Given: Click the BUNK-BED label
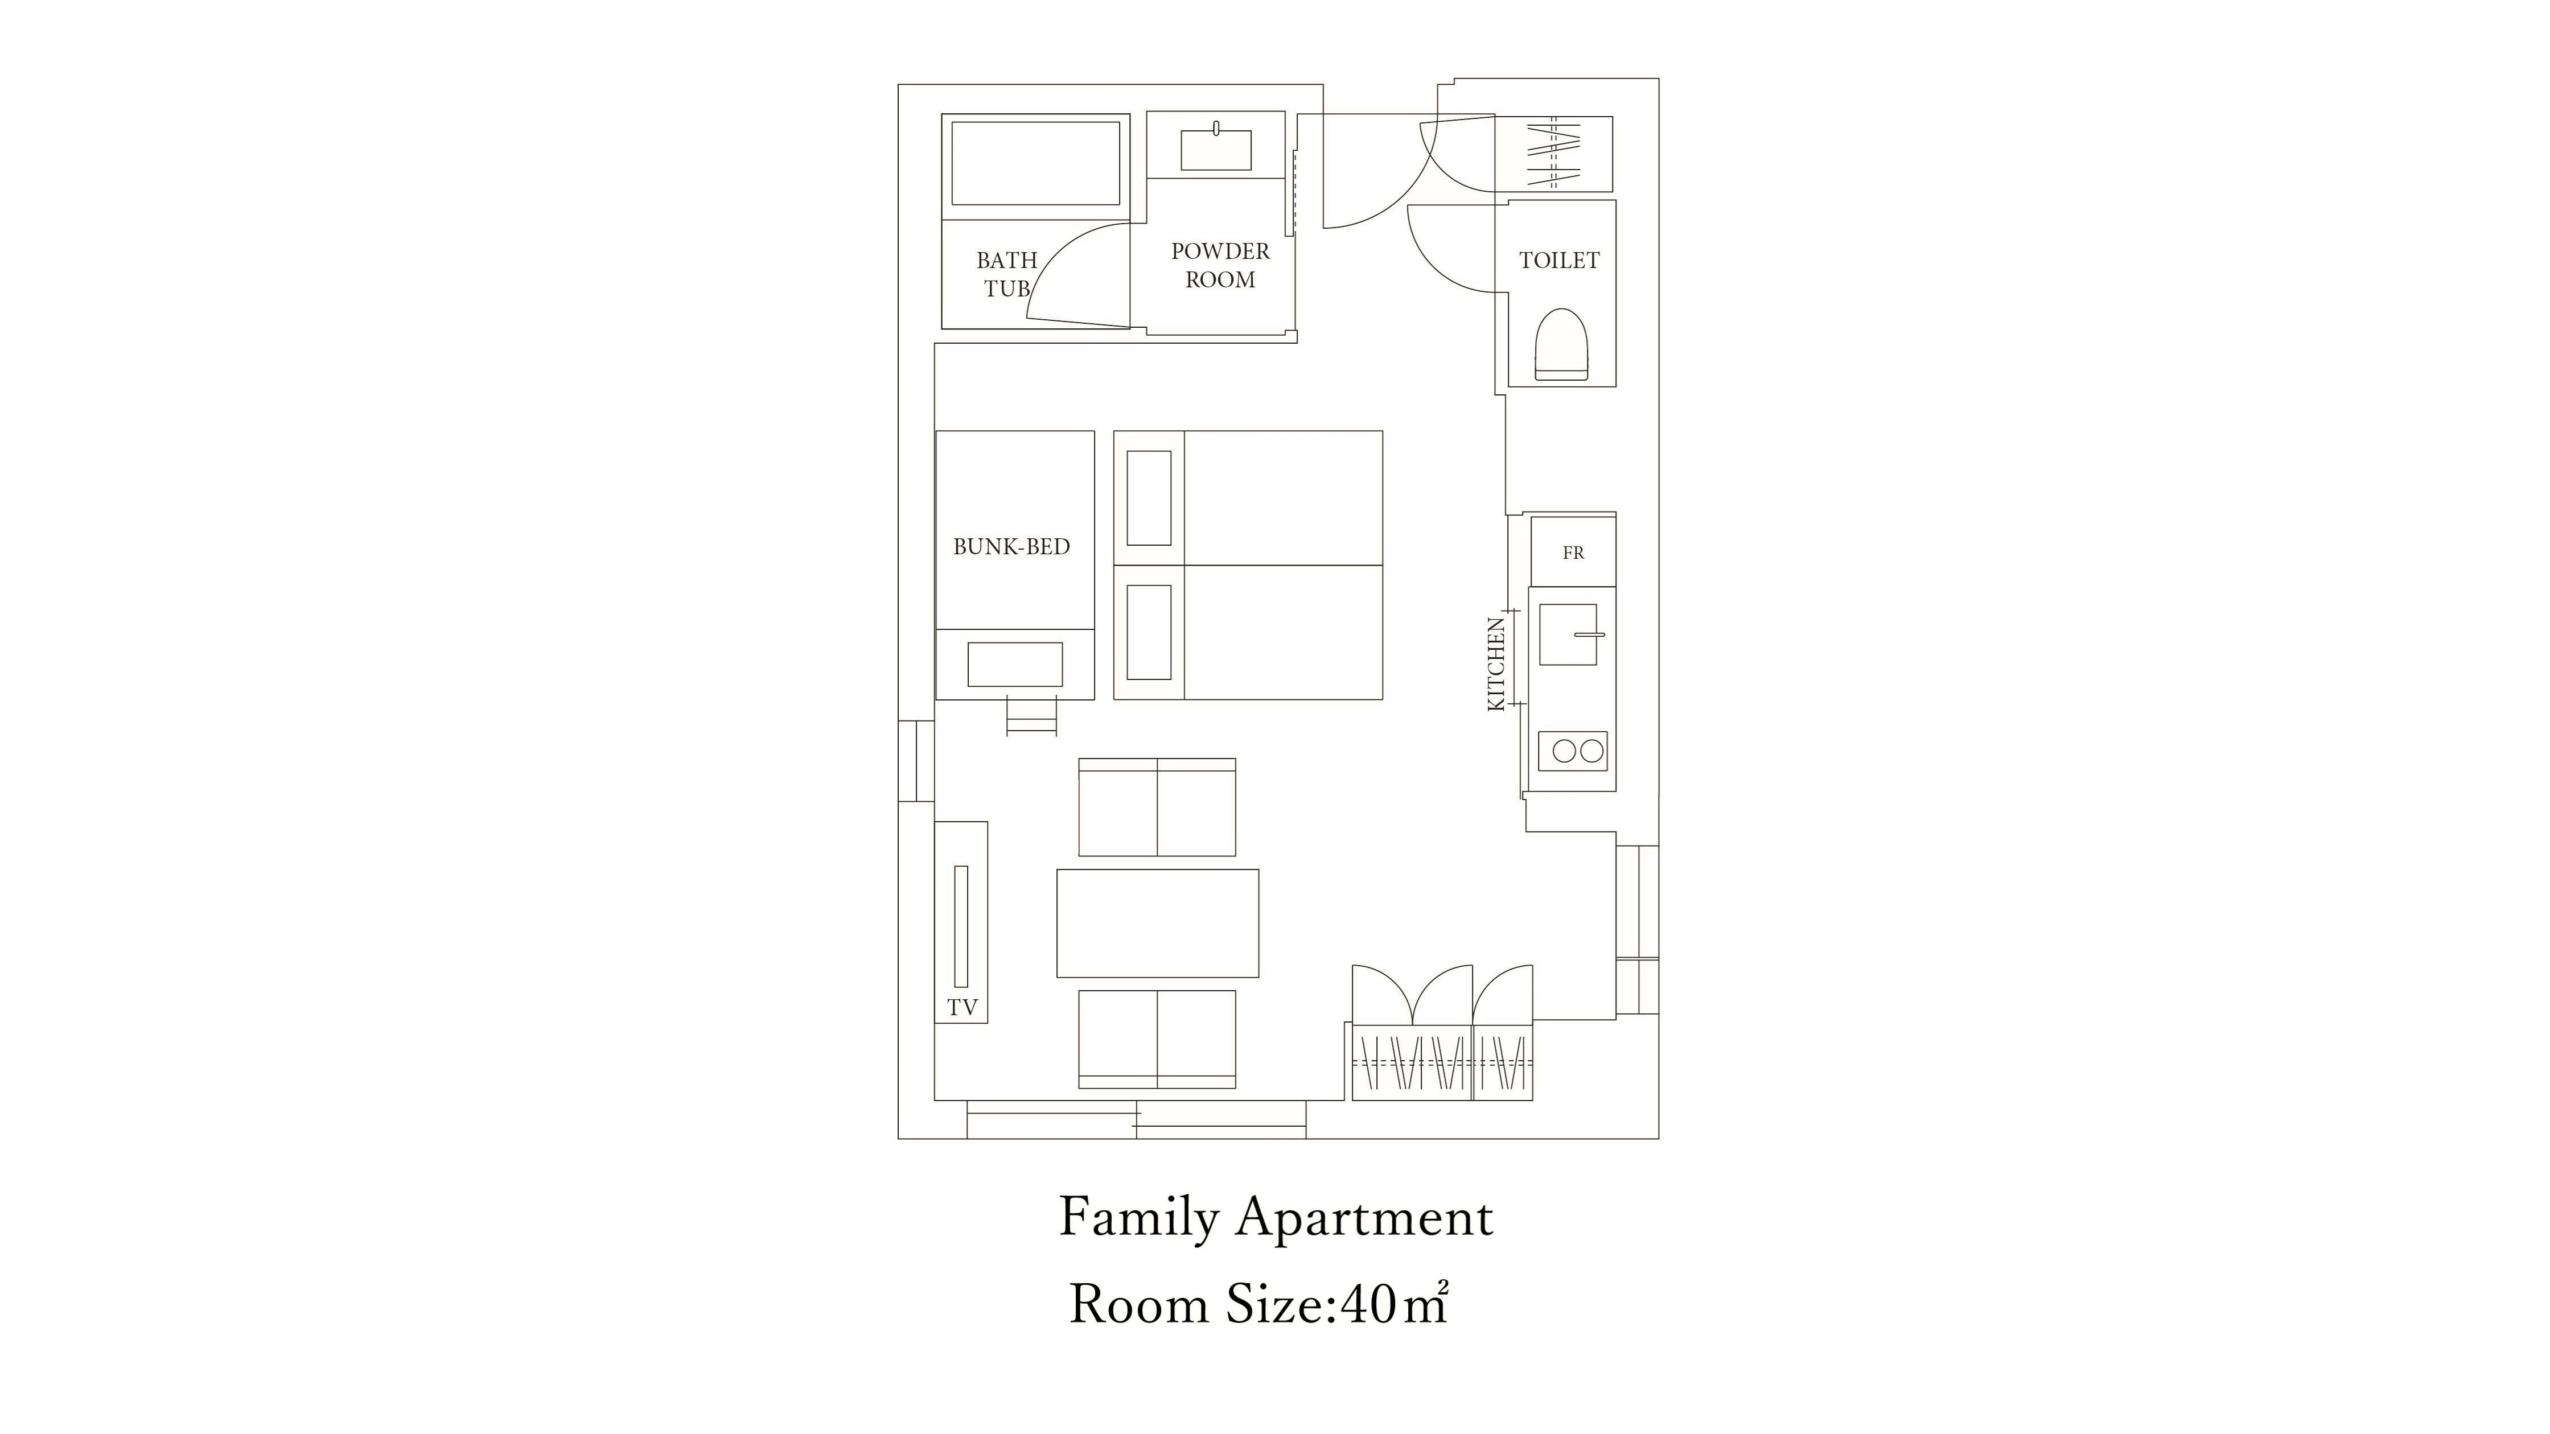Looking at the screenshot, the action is pos(1011,546).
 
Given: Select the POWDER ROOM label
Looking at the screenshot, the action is pos(1220,265).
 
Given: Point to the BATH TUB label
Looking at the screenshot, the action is pos(1007,274).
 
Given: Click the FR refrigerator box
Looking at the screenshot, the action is pos(1573,552).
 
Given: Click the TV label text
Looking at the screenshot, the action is pos(962,1007).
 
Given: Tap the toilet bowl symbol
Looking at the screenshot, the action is pos(1561,344).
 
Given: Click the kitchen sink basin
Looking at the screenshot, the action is pos(1568,634).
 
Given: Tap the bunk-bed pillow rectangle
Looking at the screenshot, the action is pos(1015,664).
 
